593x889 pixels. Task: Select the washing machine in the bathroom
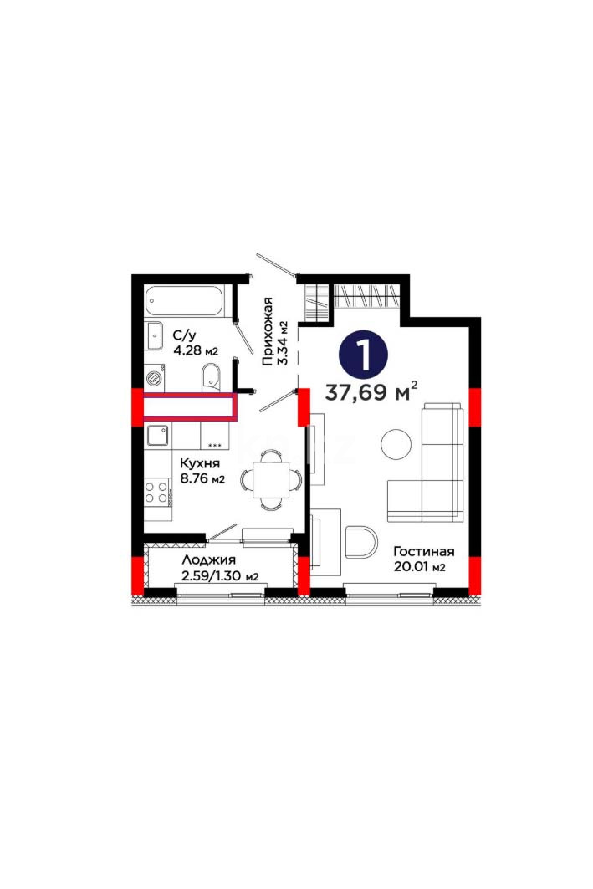click(x=154, y=378)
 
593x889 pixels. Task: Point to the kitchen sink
click(x=157, y=436)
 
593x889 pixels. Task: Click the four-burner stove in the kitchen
click(x=157, y=492)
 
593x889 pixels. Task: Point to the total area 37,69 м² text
click(x=371, y=391)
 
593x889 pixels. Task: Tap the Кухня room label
click(x=199, y=463)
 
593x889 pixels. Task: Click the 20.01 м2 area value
click(x=419, y=566)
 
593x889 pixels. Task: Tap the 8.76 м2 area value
click(x=202, y=479)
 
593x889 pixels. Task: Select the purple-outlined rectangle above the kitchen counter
click(x=189, y=406)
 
